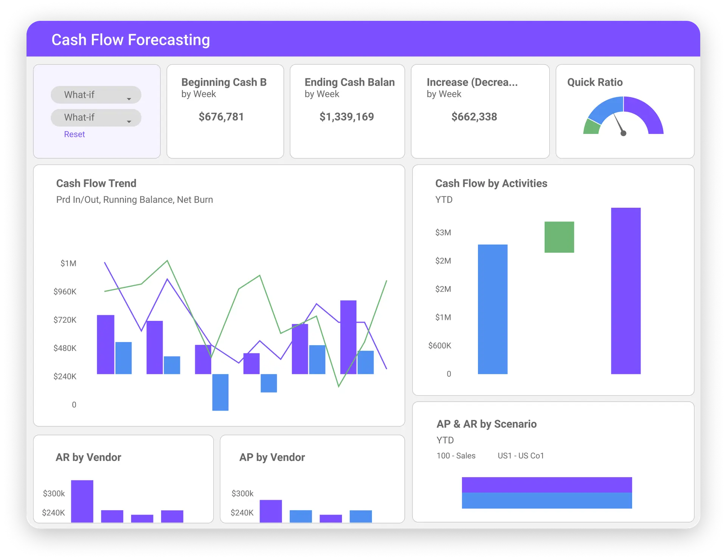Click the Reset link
tap(74, 134)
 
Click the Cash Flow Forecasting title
tap(130, 40)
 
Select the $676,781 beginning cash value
tap(221, 117)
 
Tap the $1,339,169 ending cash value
tap(346, 117)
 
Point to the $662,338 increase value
tap(474, 117)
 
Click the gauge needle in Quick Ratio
tap(619, 124)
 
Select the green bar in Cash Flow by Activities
tap(559, 237)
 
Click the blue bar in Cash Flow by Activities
tap(492, 309)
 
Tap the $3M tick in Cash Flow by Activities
tap(443, 232)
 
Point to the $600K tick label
tap(439, 345)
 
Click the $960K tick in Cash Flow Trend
tap(65, 291)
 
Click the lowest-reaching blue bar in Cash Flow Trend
tap(220, 392)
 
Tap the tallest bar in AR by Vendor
tap(82, 501)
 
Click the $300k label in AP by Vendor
tap(242, 493)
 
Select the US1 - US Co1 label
tap(520, 456)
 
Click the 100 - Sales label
tap(456, 456)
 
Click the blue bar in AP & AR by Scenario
tap(546, 501)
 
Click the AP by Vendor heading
tap(272, 457)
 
